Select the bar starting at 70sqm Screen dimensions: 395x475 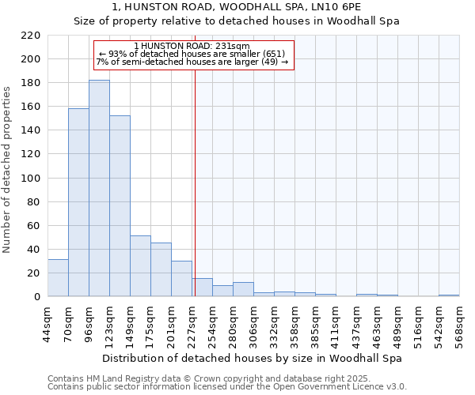tap(78, 202)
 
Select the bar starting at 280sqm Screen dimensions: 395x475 tap(243, 289)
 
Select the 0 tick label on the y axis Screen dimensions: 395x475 tap(37, 297)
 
